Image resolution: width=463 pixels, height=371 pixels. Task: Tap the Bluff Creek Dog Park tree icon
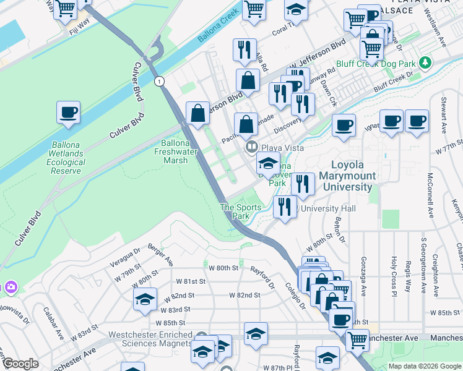[425, 63]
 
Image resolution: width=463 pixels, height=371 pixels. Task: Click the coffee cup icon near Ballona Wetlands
[69, 113]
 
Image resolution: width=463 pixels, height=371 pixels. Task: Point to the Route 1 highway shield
[160, 81]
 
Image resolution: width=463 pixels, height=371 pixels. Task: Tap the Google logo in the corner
[20, 364]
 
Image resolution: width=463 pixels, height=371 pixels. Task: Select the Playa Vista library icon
[252, 147]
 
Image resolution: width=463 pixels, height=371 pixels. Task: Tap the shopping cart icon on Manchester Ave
[357, 339]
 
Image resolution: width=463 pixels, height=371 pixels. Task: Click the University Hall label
[328, 209]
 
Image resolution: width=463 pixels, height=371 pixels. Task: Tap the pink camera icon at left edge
[11, 286]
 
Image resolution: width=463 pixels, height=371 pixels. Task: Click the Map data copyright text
[425, 366]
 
